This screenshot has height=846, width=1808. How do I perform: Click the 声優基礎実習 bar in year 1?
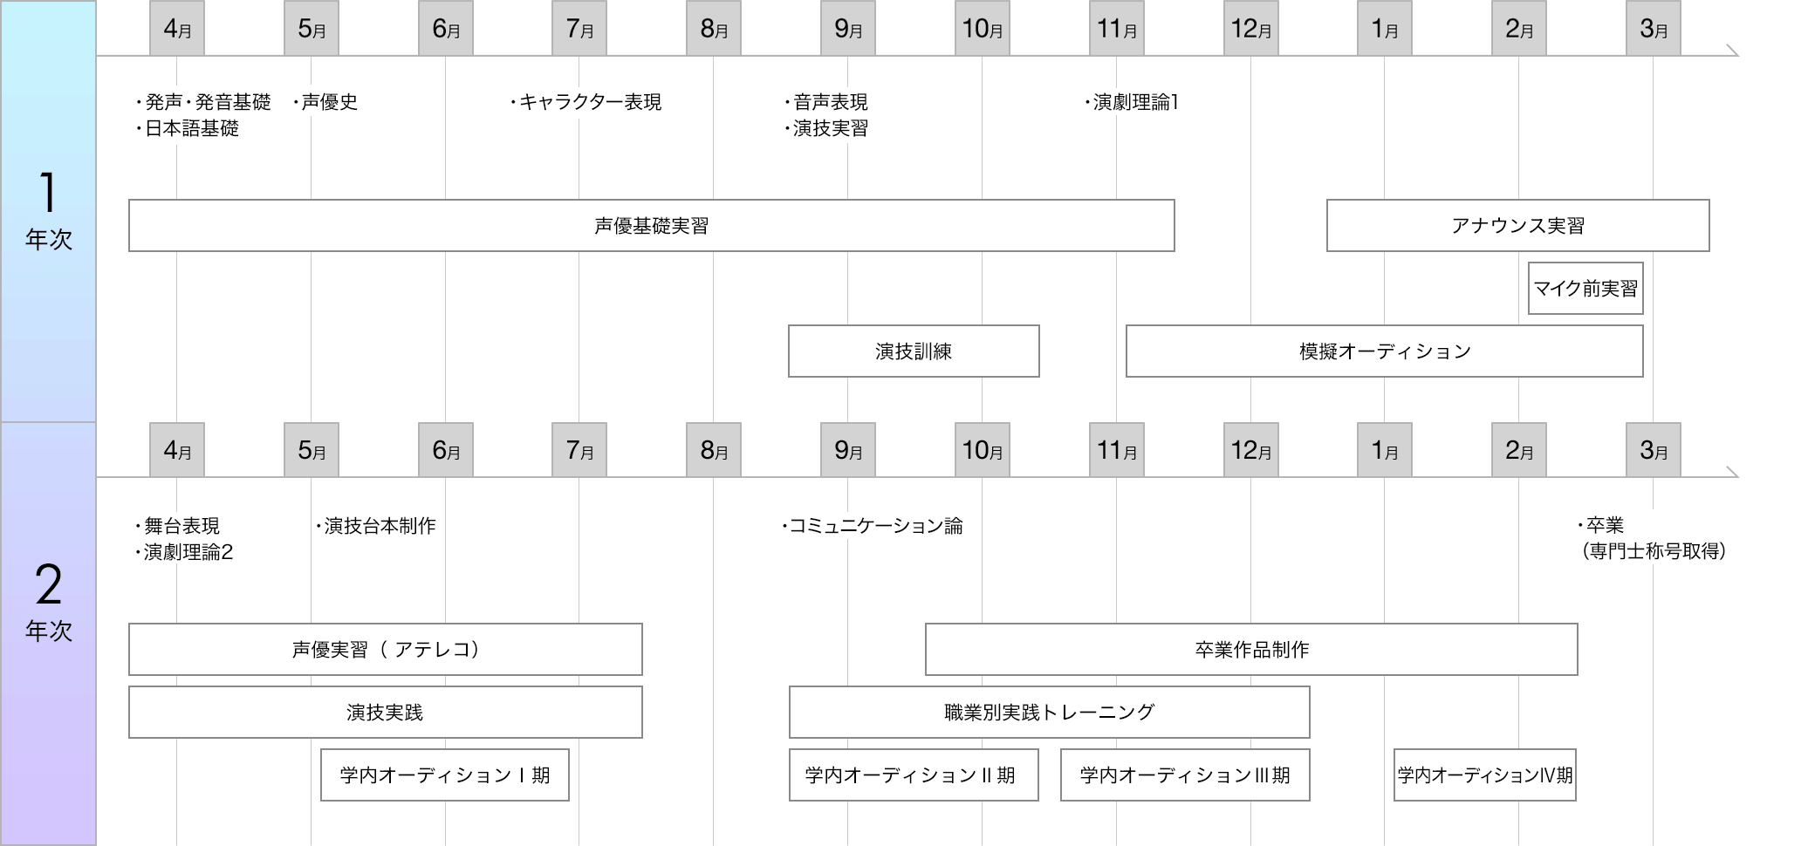(651, 226)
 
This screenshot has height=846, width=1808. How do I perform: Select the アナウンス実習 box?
(1517, 226)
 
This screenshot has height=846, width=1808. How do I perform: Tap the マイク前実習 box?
(1585, 289)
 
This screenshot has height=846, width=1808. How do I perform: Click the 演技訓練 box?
(914, 351)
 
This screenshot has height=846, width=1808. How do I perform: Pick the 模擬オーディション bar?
(1384, 351)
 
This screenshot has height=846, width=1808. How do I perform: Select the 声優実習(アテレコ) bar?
(386, 650)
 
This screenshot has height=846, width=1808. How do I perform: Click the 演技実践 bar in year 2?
(386, 713)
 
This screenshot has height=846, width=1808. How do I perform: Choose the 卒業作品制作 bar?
(1251, 650)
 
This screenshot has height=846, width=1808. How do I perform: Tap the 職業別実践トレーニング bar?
(1049, 713)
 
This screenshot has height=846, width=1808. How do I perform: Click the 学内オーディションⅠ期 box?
(445, 775)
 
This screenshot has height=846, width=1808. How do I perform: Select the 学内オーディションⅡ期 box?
(914, 775)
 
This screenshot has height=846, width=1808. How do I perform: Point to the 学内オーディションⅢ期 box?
(1185, 775)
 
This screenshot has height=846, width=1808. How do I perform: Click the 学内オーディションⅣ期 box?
(1485, 775)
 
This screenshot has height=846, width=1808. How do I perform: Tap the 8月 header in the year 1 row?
(714, 29)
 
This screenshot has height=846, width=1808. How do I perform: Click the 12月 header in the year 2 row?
(1250, 450)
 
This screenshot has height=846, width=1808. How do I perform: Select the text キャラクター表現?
(590, 102)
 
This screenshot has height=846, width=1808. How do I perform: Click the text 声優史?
(329, 102)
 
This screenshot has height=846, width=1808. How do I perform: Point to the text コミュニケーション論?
(875, 526)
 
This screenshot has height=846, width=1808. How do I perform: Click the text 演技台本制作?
(380, 526)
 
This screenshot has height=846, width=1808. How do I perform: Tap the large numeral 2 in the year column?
(49, 584)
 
